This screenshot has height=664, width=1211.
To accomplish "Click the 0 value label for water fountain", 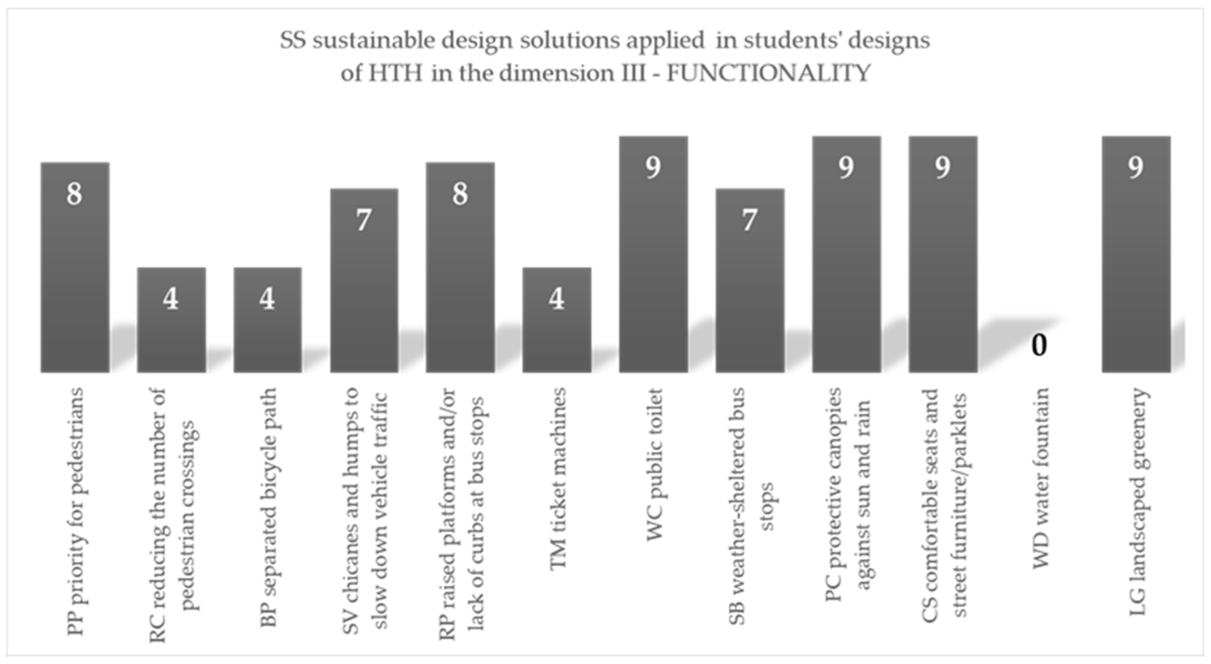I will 1039,345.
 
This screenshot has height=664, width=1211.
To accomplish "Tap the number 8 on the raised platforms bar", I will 460,194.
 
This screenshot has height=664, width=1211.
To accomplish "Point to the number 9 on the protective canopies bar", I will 846,167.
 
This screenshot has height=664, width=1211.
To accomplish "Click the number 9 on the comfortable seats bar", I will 942,167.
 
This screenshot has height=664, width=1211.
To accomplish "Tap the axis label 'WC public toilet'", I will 655,464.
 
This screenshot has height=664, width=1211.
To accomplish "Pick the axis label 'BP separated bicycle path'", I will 269,507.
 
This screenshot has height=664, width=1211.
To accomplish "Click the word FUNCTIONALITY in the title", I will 768,73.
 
